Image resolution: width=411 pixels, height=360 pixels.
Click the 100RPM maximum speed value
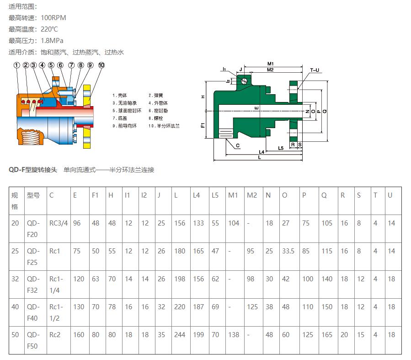point(53,18)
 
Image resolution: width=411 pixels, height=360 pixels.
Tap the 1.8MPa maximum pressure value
point(52,41)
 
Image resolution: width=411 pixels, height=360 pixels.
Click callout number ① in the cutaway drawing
point(17,65)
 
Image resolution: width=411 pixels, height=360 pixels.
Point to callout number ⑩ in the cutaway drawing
point(101,65)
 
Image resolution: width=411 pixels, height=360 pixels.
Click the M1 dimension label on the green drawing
point(270,63)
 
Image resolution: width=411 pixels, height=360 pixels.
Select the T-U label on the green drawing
point(315,70)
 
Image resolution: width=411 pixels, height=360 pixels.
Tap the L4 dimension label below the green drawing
point(262,151)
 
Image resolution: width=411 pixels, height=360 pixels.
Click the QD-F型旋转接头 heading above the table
point(33,170)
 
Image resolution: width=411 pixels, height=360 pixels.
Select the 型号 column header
point(33,195)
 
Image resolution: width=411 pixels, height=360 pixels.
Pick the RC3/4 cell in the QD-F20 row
point(58,223)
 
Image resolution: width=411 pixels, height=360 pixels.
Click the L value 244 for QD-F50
point(180,335)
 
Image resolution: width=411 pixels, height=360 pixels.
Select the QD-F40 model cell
point(33,312)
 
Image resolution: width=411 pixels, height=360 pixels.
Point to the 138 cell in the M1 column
point(234,335)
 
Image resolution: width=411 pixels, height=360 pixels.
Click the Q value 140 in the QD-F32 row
point(327,279)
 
